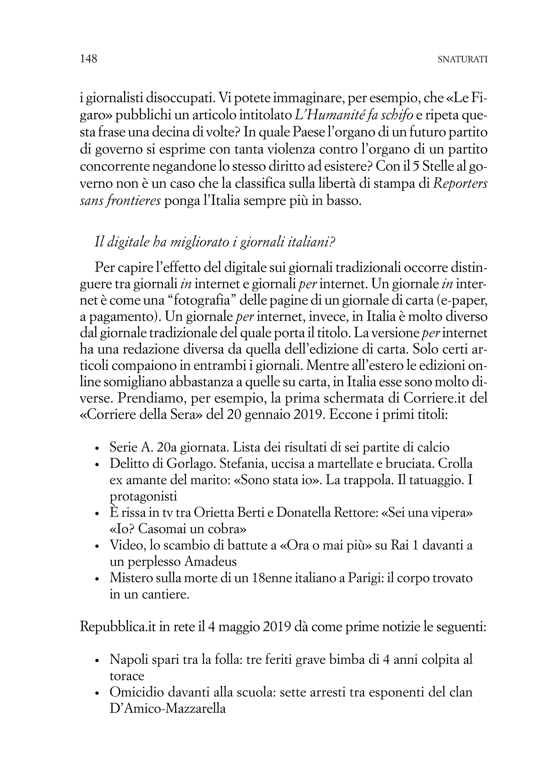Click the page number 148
click(89, 59)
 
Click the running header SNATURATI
click(462, 60)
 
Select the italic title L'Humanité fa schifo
click(354, 116)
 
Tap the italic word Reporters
click(460, 184)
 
